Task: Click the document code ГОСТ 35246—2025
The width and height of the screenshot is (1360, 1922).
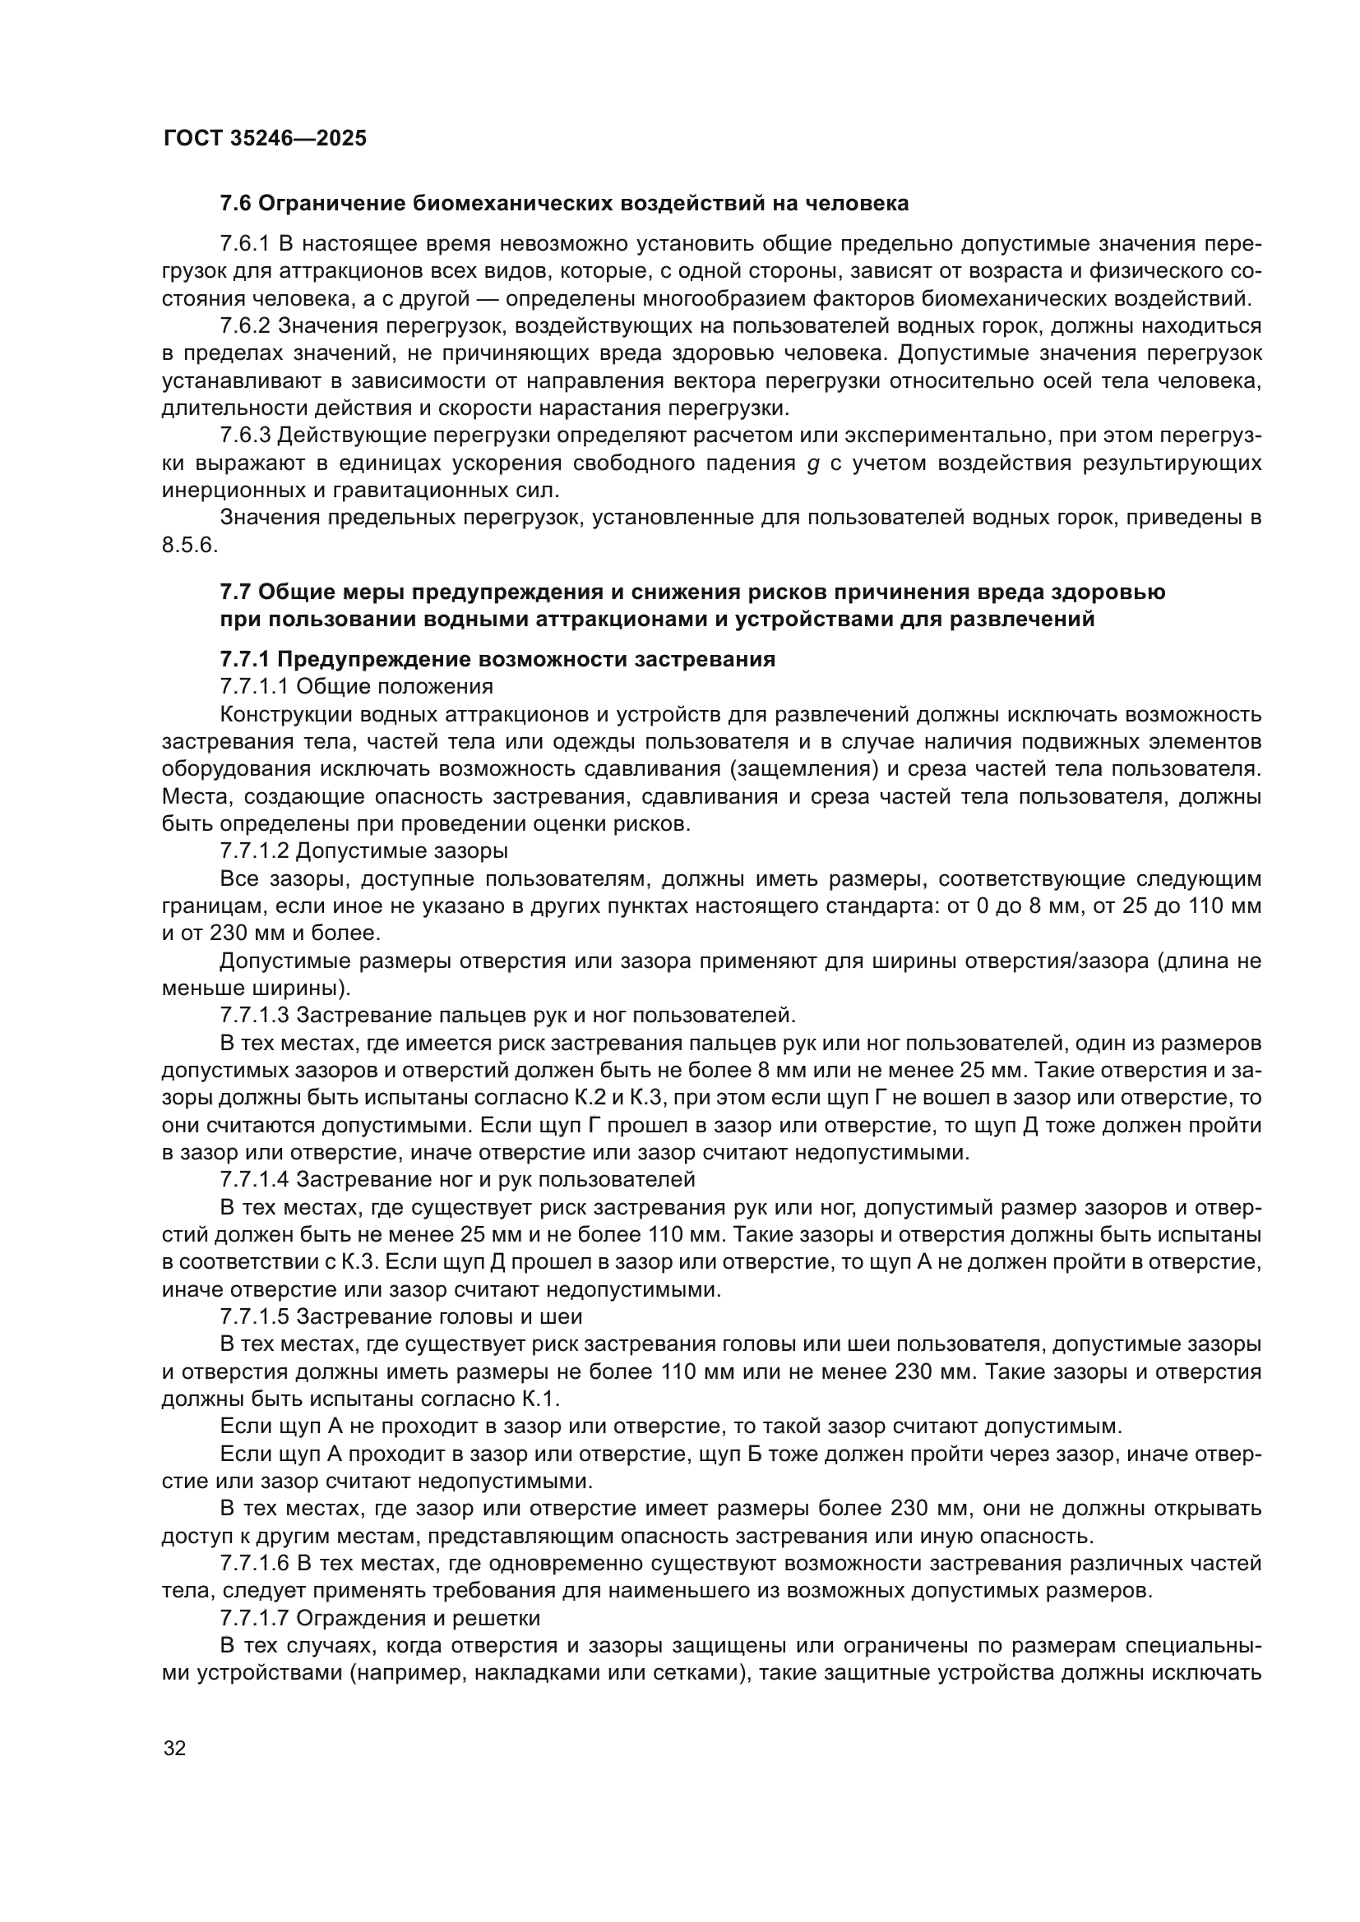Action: click(x=265, y=138)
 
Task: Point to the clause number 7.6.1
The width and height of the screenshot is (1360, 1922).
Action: click(x=244, y=243)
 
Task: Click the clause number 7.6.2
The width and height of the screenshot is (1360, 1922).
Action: click(x=244, y=325)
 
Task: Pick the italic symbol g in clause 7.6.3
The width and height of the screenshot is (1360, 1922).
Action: click(x=812, y=463)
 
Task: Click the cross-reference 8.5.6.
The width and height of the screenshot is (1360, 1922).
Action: click(x=189, y=545)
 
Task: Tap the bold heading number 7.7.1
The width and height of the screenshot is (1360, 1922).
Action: click(x=244, y=659)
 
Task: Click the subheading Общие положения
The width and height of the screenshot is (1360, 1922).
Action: click(x=395, y=686)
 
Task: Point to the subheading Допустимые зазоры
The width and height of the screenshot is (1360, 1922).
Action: click(x=402, y=850)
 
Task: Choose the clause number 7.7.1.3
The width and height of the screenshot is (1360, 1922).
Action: click(x=255, y=1015)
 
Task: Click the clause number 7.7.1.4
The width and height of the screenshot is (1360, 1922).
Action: click(x=255, y=1178)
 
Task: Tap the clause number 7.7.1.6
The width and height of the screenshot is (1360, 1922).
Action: click(x=255, y=1563)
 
